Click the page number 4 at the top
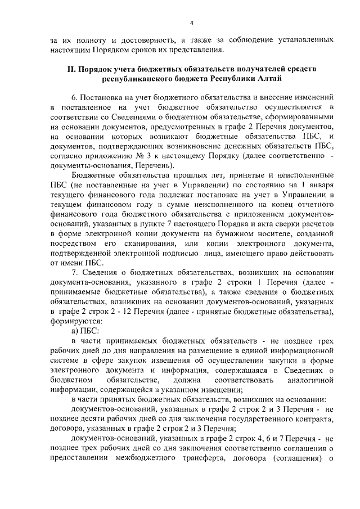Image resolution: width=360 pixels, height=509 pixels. (191, 22)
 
